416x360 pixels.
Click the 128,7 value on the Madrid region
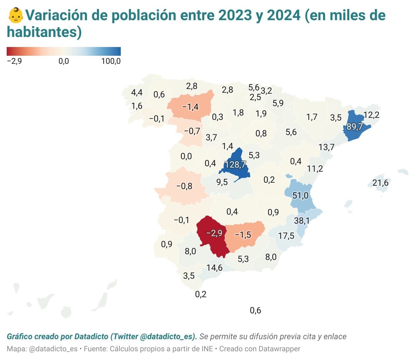click(235, 165)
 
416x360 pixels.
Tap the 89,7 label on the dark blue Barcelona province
click(354, 127)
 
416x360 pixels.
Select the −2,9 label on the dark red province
click(214, 233)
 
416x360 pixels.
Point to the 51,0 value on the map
click(300, 195)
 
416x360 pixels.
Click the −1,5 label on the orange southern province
click(243, 235)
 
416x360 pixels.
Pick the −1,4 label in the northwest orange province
click(190, 106)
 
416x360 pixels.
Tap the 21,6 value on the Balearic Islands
click(380, 183)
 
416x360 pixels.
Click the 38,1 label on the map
click(302, 221)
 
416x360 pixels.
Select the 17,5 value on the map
click(286, 236)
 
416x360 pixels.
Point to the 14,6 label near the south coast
click(214, 268)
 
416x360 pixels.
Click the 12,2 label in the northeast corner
click(371, 115)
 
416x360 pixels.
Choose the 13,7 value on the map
click(326, 147)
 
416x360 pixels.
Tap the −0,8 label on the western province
click(184, 186)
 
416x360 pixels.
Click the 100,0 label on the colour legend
click(111, 61)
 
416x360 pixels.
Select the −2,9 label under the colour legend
click(14, 61)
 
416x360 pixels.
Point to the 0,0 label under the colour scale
click(64, 61)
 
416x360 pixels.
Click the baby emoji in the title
click(16, 15)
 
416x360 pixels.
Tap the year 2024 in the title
click(283, 15)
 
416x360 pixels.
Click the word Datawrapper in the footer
click(280, 349)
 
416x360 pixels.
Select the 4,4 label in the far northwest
click(137, 92)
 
